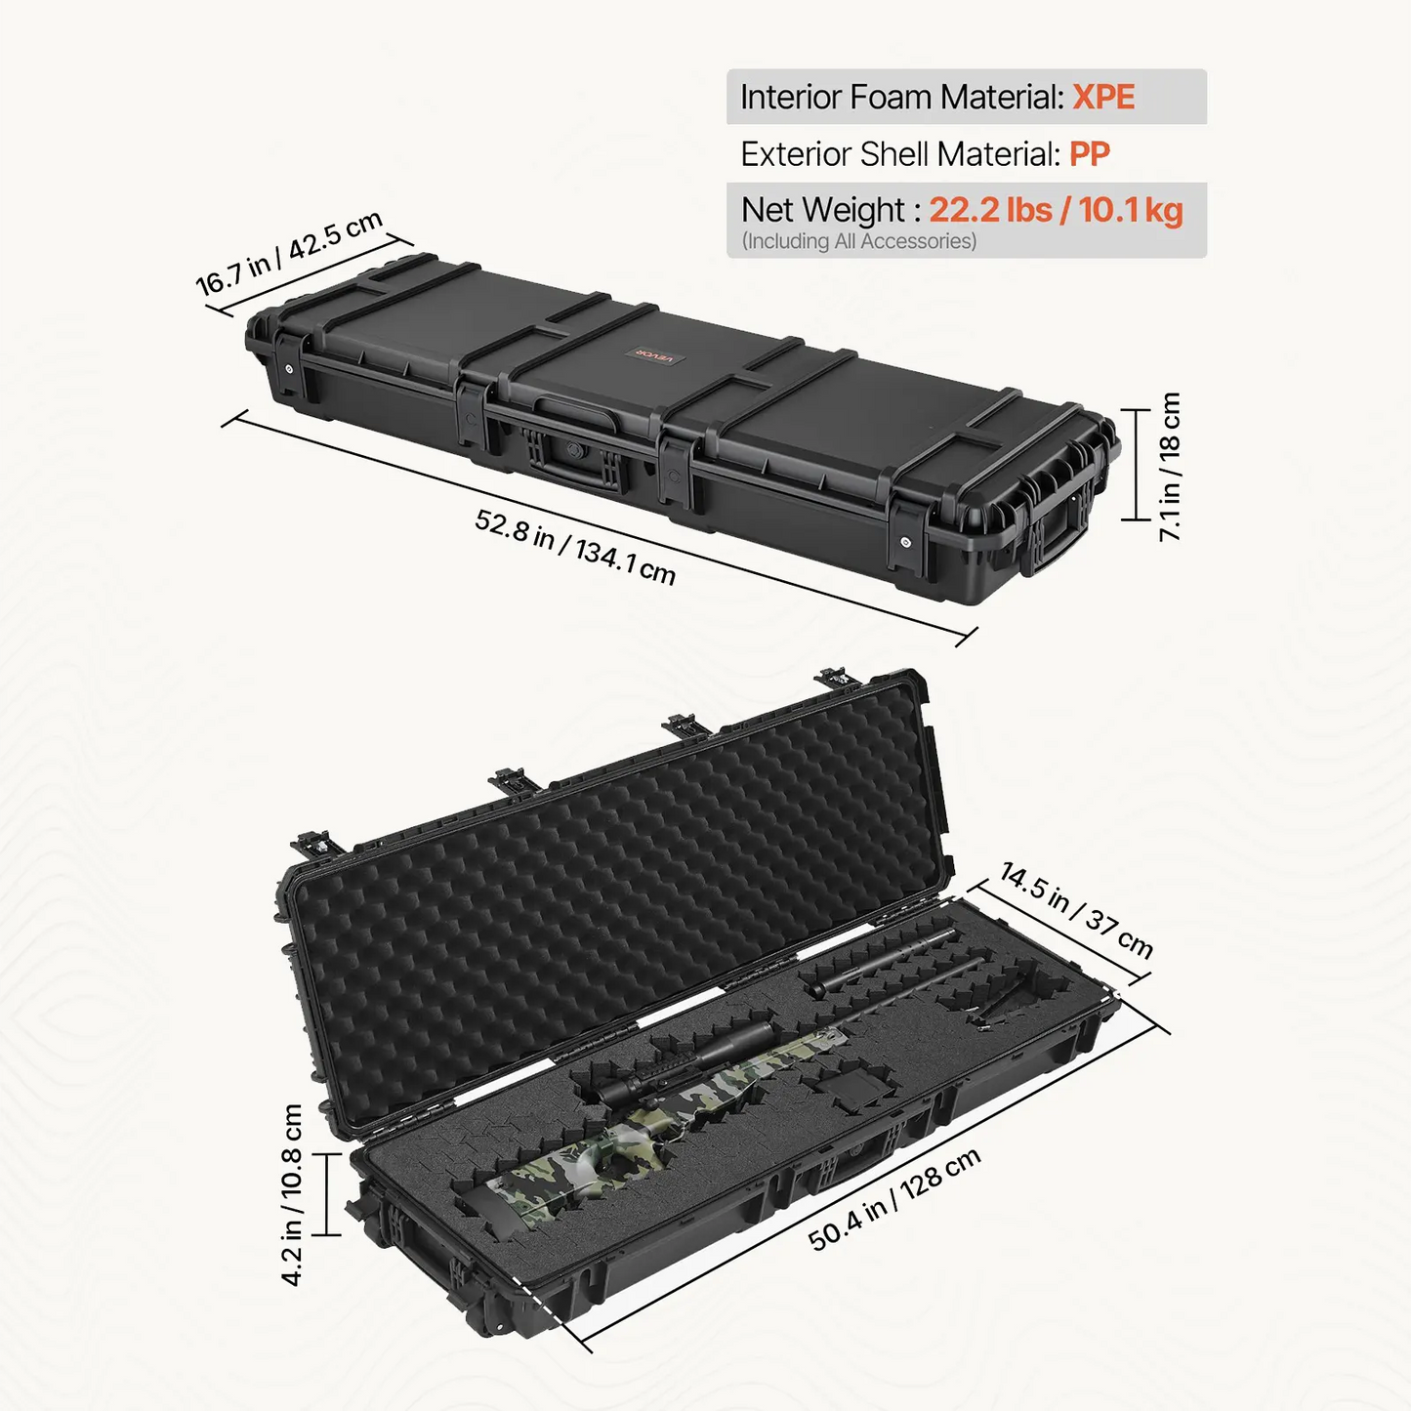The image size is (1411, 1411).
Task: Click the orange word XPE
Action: coord(1103,97)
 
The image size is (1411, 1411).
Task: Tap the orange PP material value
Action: coord(1089,154)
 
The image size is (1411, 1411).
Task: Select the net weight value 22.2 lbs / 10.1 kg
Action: coord(1056,210)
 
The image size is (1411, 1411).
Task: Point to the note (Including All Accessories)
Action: coord(859,241)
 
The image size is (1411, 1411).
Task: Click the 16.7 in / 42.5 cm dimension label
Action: coord(290,253)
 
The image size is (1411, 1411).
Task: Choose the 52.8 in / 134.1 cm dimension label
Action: coord(575,547)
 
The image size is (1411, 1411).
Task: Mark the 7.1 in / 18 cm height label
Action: coord(1169,467)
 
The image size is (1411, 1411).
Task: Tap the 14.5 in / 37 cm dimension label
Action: coord(1076,911)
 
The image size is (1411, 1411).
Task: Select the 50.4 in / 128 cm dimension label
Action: coord(894,1200)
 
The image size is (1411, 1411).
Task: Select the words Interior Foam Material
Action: coord(900,97)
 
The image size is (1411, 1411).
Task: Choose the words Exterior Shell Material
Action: coord(899,154)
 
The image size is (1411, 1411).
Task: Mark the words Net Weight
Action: coord(823,210)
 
